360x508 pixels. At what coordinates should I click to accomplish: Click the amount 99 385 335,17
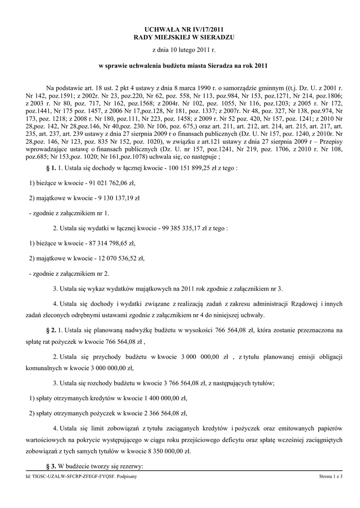pyautogui.click(x=184, y=228)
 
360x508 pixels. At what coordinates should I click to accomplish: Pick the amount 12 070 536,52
pyautogui.click(x=116, y=258)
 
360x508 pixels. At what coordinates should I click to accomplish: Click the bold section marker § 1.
pyautogui.click(x=51, y=168)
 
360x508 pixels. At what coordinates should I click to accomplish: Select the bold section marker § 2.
pyautogui.click(x=51, y=329)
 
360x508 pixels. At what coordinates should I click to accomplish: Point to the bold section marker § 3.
pyautogui.click(x=51, y=467)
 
